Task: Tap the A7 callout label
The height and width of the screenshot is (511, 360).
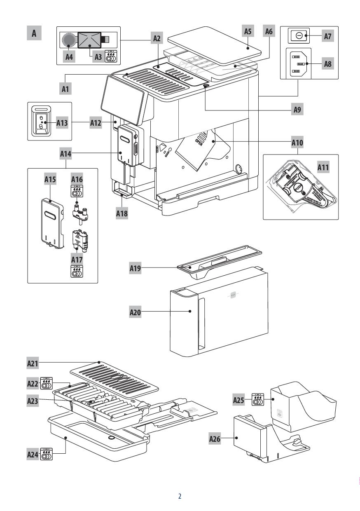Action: [327, 36]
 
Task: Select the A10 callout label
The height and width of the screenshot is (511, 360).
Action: [297, 142]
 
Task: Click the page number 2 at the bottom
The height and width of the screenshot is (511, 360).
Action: [180, 496]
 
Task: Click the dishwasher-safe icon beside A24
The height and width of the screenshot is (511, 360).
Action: [47, 455]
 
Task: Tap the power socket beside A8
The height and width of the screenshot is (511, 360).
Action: [298, 64]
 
